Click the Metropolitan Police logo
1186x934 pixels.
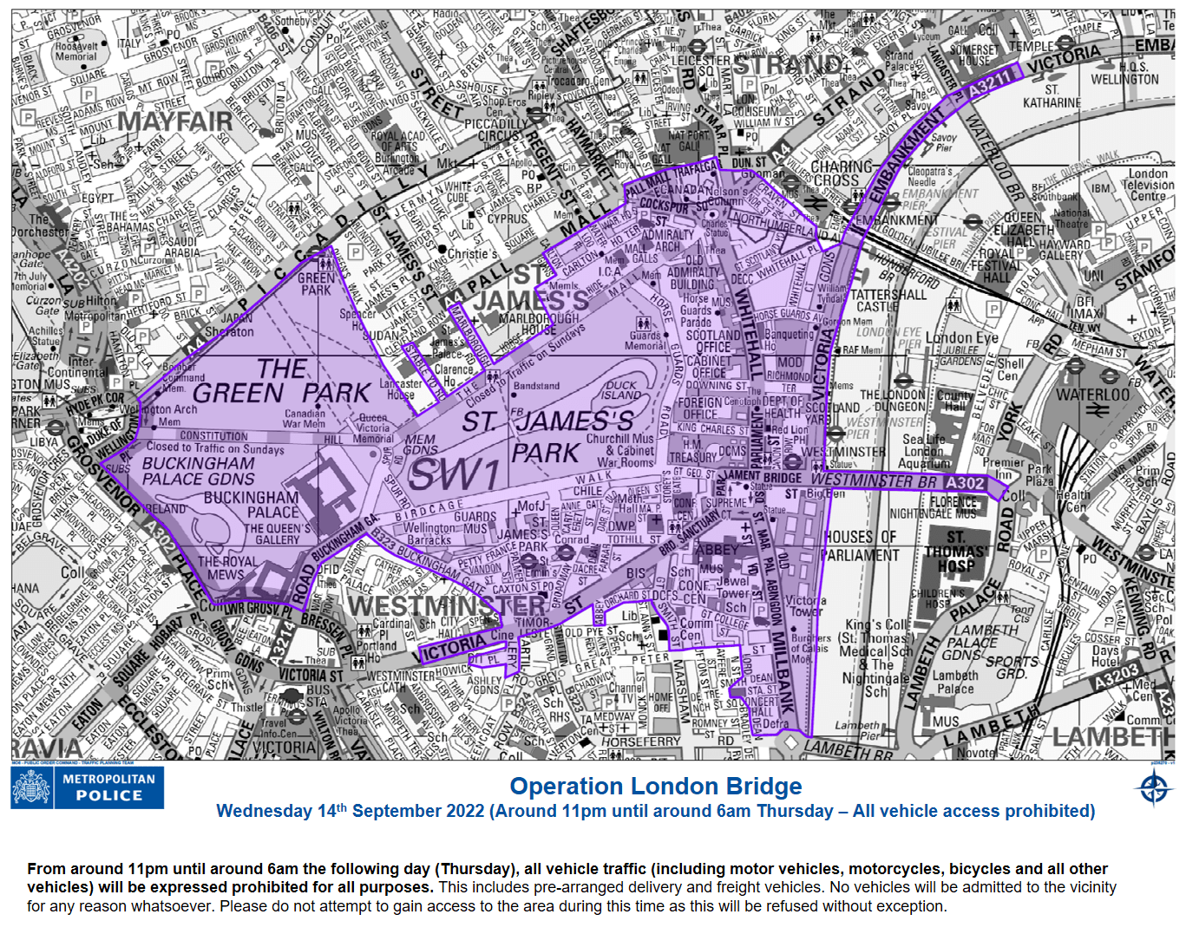click(87, 787)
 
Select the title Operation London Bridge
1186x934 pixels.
click(655, 787)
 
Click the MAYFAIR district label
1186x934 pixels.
click(174, 121)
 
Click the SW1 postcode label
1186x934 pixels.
click(454, 474)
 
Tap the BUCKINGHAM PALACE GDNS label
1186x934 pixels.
click(199, 471)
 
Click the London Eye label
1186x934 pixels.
click(961, 337)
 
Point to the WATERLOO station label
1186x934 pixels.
click(1092, 395)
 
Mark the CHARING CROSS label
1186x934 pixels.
click(842, 173)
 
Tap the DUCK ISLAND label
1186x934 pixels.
click(621, 390)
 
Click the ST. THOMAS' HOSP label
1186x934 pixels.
click(955, 552)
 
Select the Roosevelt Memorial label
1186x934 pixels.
click(75, 51)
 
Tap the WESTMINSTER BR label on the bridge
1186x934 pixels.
click(875, 480)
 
